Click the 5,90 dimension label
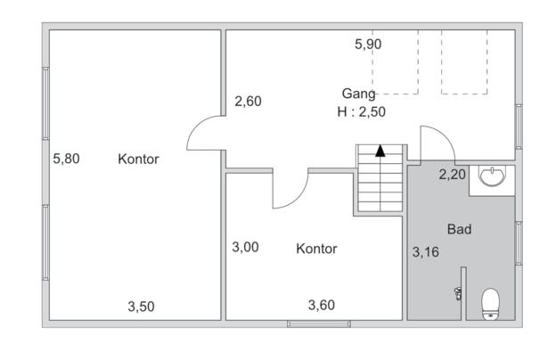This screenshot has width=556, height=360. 368,44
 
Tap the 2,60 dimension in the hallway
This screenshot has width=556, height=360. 248,102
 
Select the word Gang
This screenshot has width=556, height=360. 358,94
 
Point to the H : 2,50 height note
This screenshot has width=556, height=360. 361,111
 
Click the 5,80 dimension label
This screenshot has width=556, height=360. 67,160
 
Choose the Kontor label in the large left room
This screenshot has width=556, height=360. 138,160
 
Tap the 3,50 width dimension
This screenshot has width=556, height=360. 141,307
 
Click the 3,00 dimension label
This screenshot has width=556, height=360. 245,248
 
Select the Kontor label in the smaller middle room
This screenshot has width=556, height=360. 316,249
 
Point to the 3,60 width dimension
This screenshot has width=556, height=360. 322,306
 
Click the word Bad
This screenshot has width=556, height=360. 459,229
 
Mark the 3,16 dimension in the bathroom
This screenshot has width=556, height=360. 425,252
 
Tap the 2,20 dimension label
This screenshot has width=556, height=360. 452,175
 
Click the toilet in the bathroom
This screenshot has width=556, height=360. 490,303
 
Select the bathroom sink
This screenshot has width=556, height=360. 491,176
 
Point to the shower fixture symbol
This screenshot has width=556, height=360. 457,292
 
